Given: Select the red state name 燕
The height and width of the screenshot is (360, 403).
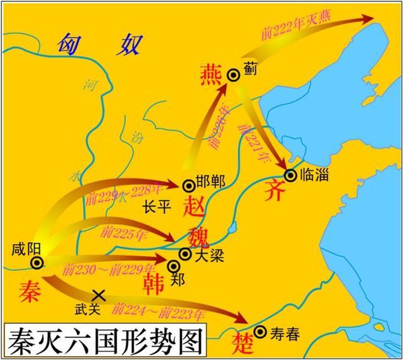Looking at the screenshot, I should (210, 74).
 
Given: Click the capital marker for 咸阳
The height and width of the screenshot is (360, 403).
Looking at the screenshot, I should (37, 262).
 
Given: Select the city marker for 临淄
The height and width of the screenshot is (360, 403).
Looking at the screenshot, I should (290, 174).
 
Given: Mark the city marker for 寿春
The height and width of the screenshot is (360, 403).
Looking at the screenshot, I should (261, 332).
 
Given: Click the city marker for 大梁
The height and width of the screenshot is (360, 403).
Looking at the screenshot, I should (185, 254).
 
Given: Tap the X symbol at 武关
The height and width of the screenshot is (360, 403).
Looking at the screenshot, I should (98, 294).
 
